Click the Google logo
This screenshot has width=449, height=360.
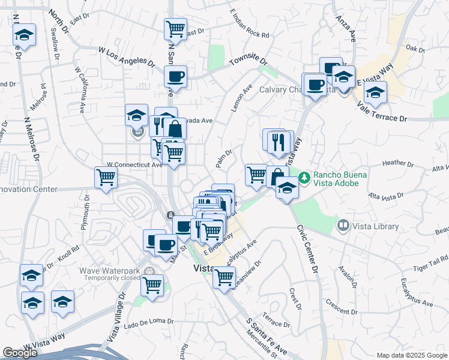20,352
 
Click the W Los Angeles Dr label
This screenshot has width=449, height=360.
124,58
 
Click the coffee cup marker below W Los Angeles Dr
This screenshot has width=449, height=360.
176,76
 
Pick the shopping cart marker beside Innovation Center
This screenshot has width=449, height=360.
106,177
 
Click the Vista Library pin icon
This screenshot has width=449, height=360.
343,226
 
